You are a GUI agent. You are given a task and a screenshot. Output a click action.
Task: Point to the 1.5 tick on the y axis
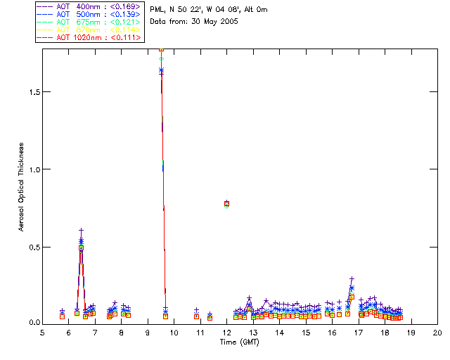tap(32, 92)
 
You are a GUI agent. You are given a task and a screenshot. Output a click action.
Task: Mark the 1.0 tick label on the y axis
tap(32, 169)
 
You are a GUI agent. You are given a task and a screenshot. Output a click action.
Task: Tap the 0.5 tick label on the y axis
tap(32, 247)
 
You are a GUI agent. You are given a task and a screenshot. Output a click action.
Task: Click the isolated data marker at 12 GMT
tap(226, 204)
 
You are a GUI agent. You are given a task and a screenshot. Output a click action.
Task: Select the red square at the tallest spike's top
tap(162, 49)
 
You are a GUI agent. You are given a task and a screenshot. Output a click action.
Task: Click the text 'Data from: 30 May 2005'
tap(195, 21)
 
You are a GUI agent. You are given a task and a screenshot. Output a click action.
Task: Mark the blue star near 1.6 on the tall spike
tap(162, 70)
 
